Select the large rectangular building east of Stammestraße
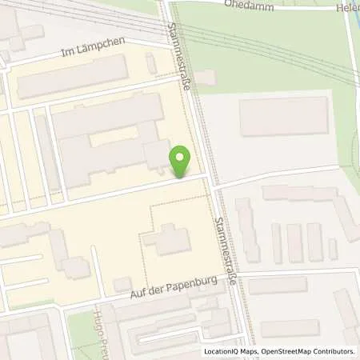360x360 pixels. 284,115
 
